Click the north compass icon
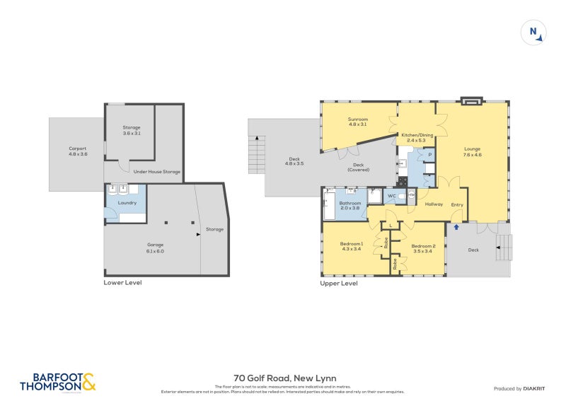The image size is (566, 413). [x=533, y=33]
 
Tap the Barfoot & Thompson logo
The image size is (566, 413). [x=57, y=382]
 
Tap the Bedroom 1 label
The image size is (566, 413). [x=351, y=246]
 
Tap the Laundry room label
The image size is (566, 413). [x=127, y=203]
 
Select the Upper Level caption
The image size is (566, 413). [x=338, y=283]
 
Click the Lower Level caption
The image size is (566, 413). [x=122, y=282]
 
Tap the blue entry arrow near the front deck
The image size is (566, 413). [x=456, y=227]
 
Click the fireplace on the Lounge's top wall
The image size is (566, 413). [x=470, y=102]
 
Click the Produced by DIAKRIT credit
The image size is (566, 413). [x=518, y=388]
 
